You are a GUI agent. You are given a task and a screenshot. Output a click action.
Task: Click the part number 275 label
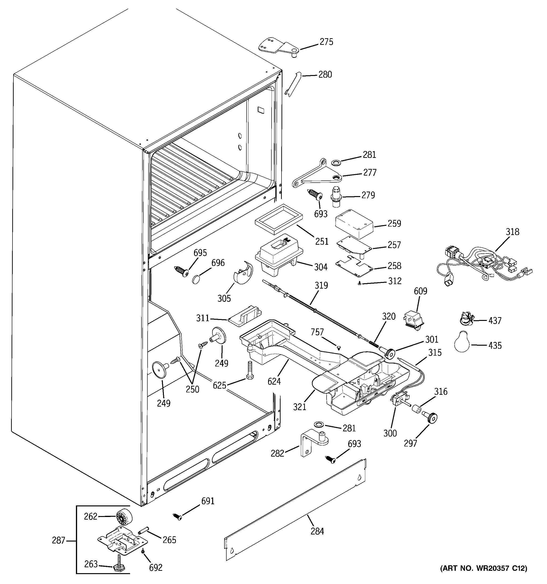click(326, 42)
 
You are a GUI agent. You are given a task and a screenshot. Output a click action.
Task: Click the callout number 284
click(317, 531)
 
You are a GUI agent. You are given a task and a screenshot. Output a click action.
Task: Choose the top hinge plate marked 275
click(278, 47)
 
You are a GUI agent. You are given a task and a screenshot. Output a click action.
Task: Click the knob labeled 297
click(430, 418)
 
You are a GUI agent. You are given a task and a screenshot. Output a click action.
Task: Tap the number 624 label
click(274, 381)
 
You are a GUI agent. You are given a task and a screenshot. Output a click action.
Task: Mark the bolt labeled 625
click(250, 370)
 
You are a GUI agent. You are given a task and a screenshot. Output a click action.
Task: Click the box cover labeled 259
click(354, 223)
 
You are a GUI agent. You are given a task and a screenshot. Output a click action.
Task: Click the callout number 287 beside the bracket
click(58, 540)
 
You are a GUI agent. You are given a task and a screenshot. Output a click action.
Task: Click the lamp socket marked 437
click(466, 319)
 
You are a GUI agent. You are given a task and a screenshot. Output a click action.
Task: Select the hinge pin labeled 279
click(336, 195)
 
